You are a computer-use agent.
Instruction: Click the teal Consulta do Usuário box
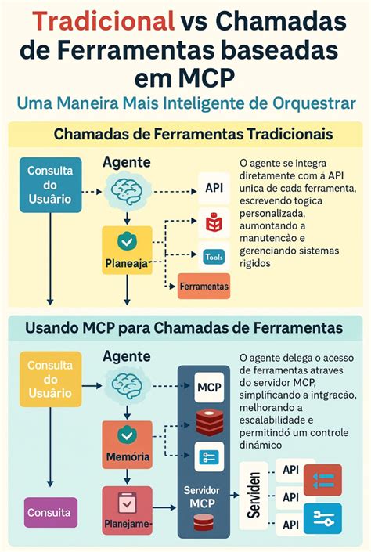[x=50, y=185]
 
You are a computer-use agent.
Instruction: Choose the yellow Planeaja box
[x=127, y=250]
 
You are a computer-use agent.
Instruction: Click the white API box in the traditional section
[x=214, y=188]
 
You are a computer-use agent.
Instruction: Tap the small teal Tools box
[x=214, y=256]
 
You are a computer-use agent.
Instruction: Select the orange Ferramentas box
[x=204, y=287]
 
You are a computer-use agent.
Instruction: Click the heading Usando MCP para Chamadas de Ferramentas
[x=182, y=326]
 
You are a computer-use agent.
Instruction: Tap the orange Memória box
[x=127, y=442]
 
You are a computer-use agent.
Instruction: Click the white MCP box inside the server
[x=209, y=387]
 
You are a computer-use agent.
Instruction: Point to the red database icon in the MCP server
[x=209, y=422]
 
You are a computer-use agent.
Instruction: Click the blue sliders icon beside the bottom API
[x=322, y=518]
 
